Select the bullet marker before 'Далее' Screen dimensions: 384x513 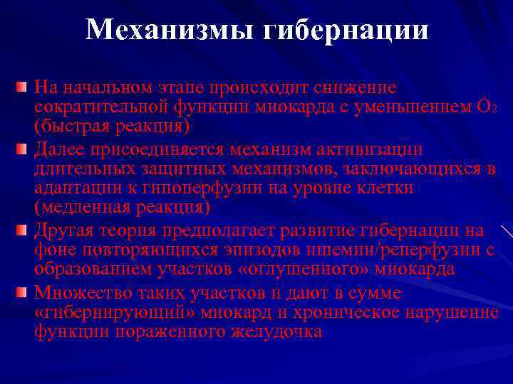click(22, 150)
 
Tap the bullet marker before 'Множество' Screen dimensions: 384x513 click(22, 293)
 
